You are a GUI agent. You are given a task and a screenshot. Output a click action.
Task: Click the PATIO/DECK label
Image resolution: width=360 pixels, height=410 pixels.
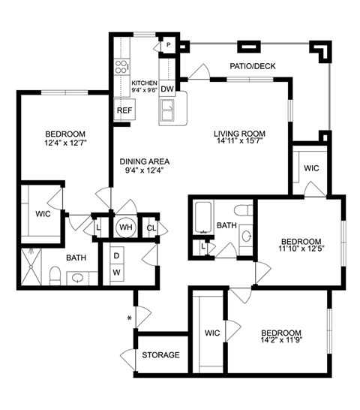(252, 67)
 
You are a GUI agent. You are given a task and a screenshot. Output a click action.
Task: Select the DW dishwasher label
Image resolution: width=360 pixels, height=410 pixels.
(167, 89)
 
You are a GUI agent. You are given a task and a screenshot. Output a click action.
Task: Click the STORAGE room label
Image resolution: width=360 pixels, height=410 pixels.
(160, 354)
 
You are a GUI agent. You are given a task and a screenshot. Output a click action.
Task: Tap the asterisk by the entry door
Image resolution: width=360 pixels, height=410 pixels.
(130, 319)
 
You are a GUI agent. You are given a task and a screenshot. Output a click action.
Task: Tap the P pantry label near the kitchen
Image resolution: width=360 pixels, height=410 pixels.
(169, 45)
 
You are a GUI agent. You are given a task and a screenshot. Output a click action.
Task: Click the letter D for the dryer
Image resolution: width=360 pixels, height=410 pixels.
(116, 255)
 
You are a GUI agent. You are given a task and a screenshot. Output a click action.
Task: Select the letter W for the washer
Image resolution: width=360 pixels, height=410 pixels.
(116, 272)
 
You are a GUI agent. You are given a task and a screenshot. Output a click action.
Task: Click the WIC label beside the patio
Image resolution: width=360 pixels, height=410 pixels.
(311, 168)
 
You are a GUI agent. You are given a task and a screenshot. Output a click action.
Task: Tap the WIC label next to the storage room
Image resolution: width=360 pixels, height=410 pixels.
(212, 333)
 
